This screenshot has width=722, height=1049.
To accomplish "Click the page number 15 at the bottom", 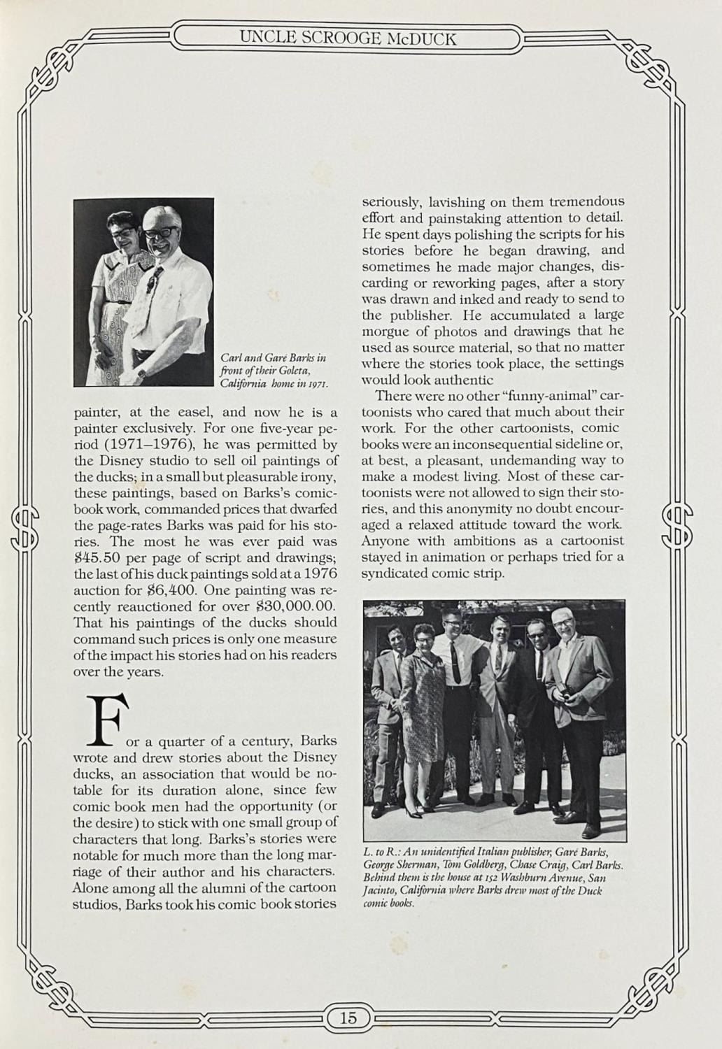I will click(348, 1017).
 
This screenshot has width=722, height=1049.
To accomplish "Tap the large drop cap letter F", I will click(108, 720).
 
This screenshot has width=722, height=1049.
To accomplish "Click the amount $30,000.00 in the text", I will click(289, 606).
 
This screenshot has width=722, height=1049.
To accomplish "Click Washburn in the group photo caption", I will click(528, 878).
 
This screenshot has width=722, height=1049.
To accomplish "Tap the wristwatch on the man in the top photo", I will click(142, 373).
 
